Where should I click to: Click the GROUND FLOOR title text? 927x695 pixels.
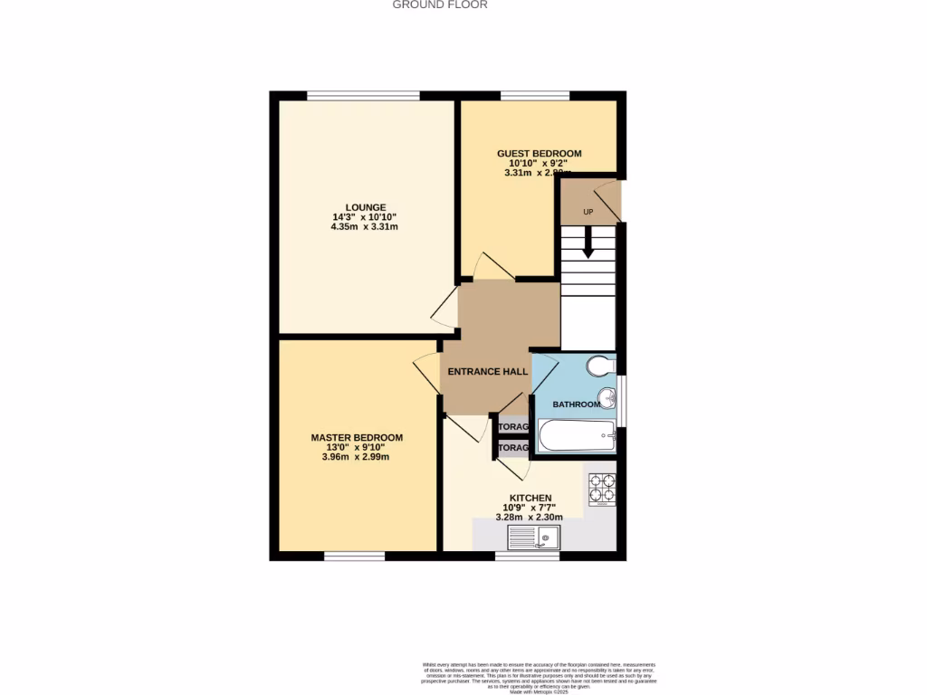coord(440,5)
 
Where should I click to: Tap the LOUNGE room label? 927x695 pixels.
coord(365,207)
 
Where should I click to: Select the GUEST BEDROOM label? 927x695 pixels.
coord(539,154)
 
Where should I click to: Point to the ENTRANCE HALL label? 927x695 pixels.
coord(488,372)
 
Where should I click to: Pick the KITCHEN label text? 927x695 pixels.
coord(530,498)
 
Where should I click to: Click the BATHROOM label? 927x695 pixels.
coord(577,405)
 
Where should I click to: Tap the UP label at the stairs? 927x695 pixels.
coord(588,212)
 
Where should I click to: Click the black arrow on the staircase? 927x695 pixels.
coord(588,243)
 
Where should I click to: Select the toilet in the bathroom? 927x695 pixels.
coord(599,367)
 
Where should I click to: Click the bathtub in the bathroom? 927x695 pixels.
coord(577,437)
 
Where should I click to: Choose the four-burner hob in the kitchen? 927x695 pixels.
coord(602,490)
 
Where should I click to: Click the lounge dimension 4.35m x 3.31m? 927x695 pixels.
coord(365,227)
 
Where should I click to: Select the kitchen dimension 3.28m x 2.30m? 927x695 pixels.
coord(530,518)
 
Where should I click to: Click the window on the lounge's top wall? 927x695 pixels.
coord(363,95)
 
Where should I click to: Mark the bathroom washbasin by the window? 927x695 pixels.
coord(611,399)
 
